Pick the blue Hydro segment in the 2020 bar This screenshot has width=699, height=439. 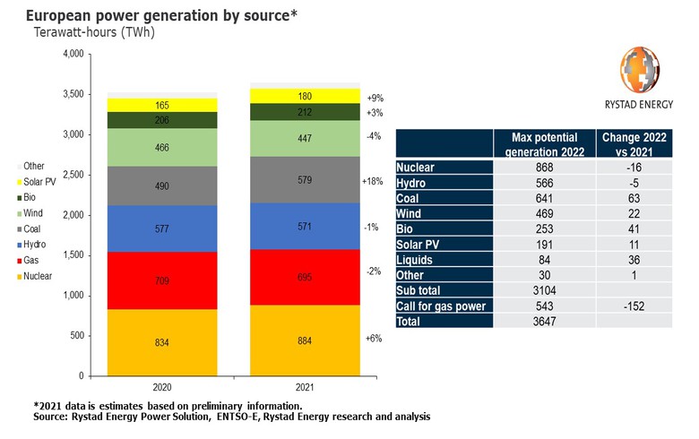click(x=162, y=228)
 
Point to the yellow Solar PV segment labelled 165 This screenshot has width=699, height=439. click(x=162, y=105)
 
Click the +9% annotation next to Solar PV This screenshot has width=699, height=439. click(x=375, y=97)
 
